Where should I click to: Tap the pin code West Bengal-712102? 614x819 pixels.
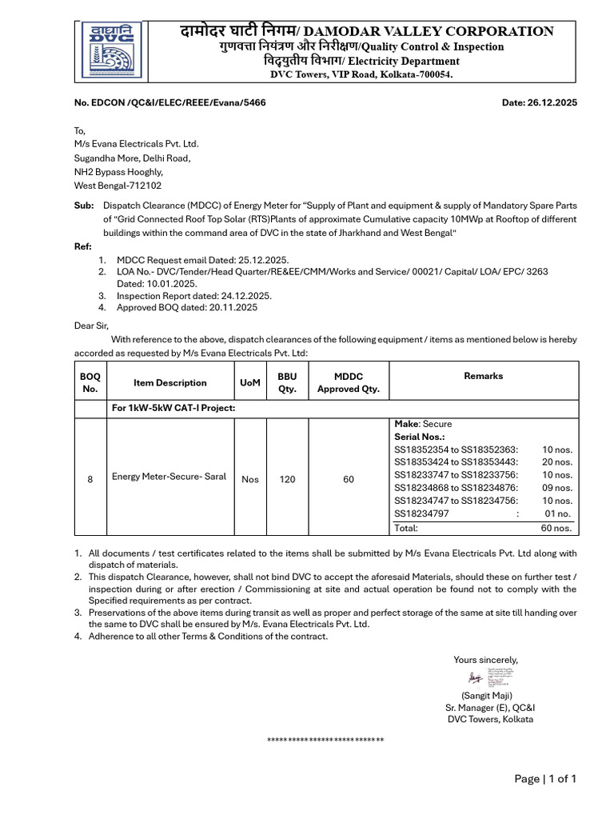[x=118, y=185]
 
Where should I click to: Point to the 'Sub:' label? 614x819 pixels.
[x=83, y=206]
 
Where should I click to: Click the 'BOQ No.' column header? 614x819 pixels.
[x=90, y=382]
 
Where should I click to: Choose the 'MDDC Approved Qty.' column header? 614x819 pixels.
[x=348, y=382]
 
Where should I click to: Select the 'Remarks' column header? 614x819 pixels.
[x=483, y=376]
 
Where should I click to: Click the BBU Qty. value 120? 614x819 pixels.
[x=287, y=479]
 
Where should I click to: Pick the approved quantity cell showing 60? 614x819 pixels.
[x=349, y=479]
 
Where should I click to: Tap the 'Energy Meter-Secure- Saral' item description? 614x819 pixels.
[x=169, y=477]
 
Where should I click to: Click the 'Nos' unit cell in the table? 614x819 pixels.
[x=249, y=479]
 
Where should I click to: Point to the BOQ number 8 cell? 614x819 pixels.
[x=90, y=479]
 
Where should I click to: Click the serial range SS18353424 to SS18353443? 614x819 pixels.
[x=456, y=462]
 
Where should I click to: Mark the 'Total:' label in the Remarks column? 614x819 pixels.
[x=406, y=528]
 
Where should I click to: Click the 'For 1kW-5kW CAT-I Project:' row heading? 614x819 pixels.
[x=173, y=409]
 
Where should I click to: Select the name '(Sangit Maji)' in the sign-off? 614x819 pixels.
[x=486, y=696]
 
